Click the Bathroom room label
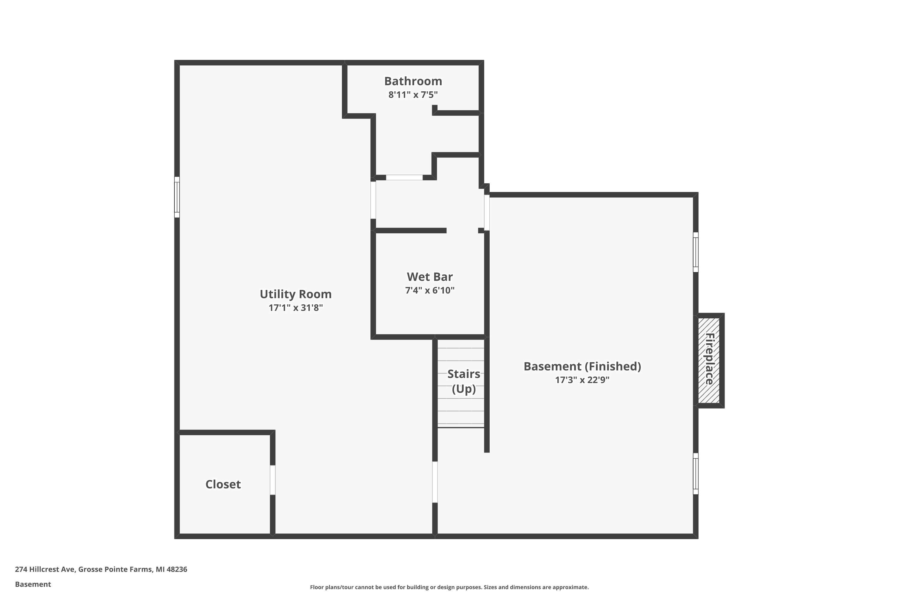[x=413, y=81]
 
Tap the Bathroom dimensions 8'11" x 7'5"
[x=413, y=95]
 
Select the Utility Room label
[x=295, y=294]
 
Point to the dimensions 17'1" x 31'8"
[x=295, y=308]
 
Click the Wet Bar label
[x=430, y=276]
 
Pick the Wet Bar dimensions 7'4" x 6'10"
[x=430, y=290]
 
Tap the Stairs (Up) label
[x=464, y=381]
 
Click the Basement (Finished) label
[x=582, y=367]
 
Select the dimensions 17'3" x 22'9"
[x=582, y=380]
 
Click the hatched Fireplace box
[x=709, y=361]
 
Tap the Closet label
[x=223, y=484]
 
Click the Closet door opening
[x=272, y=480]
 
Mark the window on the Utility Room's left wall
[x=177, y=197]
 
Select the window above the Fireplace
[x=696, y=252]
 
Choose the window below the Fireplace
[x=696, y=474]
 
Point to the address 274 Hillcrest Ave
[x=46, y=569]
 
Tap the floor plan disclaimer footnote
[x=449, y=587]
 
